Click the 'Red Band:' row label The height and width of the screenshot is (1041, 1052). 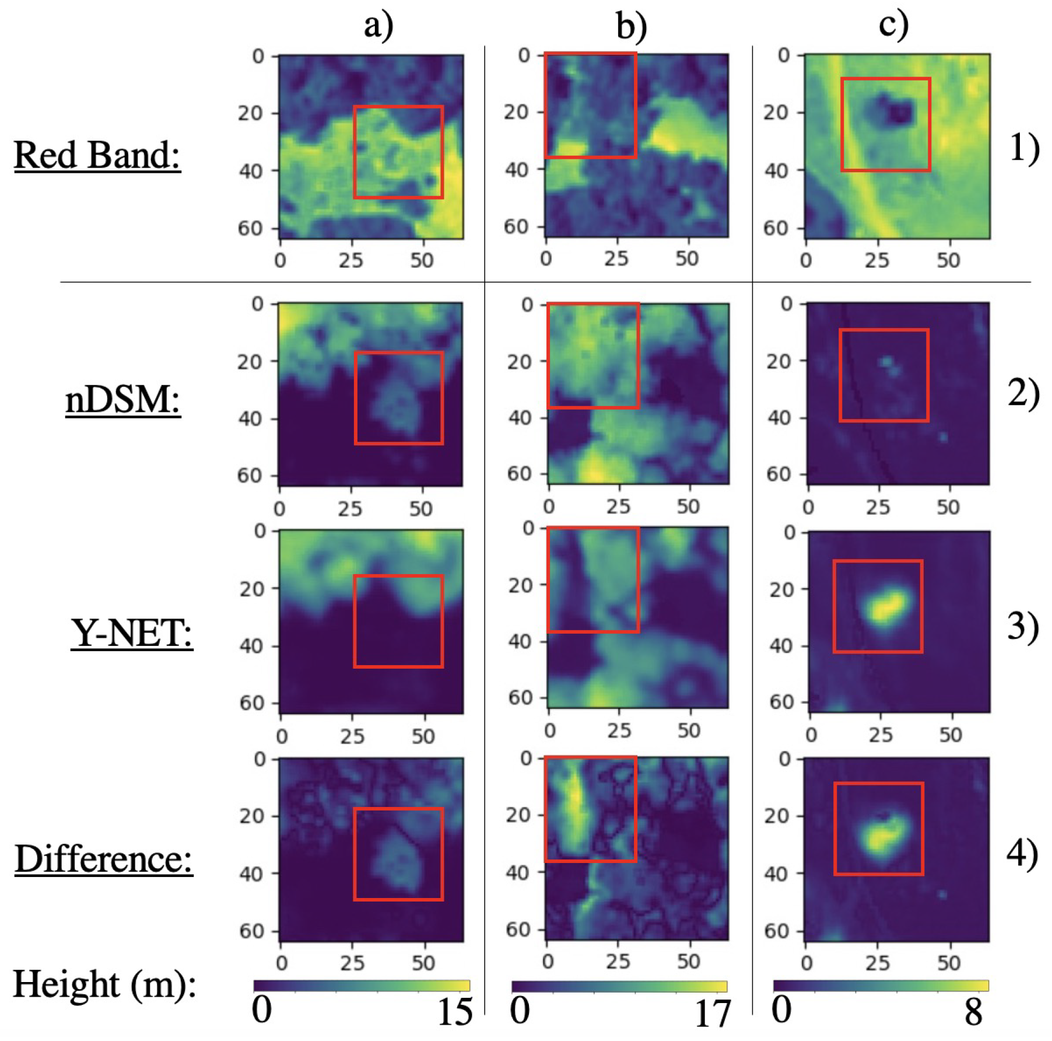coord(97,156)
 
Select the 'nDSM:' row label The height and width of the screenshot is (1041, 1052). coord(122,401)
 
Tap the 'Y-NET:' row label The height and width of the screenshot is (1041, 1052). coord(131,633)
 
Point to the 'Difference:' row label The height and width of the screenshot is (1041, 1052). coord(103,859)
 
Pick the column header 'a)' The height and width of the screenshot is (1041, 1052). coord(378,25)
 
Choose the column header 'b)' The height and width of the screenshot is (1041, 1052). coord(631,26)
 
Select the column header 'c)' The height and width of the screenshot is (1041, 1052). coord(893,25)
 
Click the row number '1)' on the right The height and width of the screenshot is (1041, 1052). coord(1024,147)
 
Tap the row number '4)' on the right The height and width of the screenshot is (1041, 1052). coord(1022,853)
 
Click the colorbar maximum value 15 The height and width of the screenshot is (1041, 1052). coord(455,1013)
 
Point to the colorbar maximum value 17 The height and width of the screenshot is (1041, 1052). coord(712,1014)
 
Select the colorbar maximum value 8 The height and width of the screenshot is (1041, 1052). coord(973,1013)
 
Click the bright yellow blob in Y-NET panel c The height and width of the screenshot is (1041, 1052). coord(885,607)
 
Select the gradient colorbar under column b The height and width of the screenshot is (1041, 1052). coord(619,986)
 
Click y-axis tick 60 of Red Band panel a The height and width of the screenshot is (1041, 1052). coord(250,228)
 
